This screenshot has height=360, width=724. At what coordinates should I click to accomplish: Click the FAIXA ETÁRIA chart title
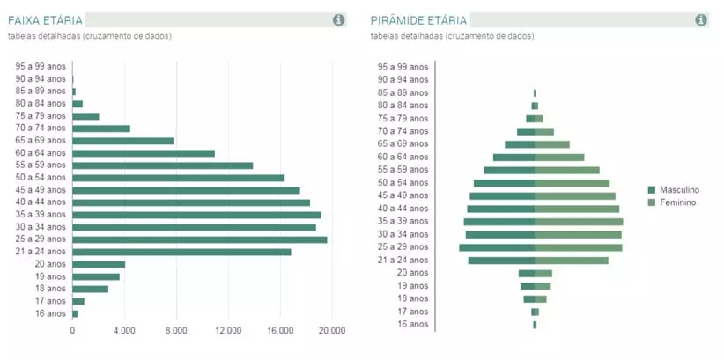tap(45, 20)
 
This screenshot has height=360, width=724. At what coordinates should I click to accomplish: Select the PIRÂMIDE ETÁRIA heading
tap(419, 20)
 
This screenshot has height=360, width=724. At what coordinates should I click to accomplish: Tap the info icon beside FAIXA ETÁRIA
tap(339, 20)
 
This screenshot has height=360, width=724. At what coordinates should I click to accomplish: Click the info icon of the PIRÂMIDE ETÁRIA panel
tap(701, 20)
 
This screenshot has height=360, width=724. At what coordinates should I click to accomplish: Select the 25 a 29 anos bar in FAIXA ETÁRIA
tap(199, 239)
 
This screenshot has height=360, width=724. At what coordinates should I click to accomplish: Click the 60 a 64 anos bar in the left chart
tap(143, 153)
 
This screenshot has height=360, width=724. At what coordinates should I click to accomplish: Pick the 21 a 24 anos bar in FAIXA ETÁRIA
tap(181, 252)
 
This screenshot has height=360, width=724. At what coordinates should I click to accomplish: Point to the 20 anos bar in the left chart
tap(99, 264)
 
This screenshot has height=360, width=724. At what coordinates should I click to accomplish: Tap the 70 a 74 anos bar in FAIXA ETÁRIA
tap(101, 129)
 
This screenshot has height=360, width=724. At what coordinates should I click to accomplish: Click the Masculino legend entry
tap(678, 189)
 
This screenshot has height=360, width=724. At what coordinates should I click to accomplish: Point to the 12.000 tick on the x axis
tap(228, 331)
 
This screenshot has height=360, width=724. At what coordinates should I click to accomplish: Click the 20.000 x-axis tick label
tap(332, 331)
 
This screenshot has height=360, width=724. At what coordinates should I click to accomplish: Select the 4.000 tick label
tap(124, 331)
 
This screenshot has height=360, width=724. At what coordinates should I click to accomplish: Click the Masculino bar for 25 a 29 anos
tap(497, 247)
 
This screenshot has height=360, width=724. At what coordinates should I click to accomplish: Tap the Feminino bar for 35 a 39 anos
tap(579, 222)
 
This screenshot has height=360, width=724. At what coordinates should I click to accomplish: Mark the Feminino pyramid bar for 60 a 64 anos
tap(559, 158)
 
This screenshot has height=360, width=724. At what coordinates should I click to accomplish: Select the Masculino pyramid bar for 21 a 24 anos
tap(501, 261)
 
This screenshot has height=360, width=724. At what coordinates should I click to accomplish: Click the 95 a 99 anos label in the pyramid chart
tap(403, 67)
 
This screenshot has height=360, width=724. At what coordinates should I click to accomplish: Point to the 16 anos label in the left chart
tap(49, 313)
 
